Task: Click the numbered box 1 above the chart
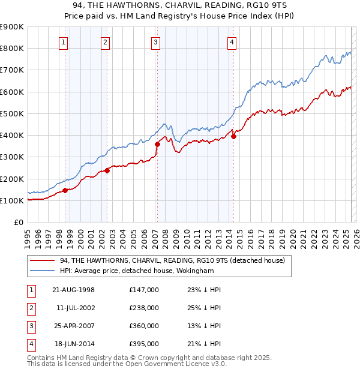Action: point(64,42)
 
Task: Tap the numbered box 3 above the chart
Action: point(155,42)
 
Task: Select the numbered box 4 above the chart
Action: point(232,42)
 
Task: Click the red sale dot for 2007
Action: point(157,144)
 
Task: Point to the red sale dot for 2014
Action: point(233,136)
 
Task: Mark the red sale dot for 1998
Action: point(65,190)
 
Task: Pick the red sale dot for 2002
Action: point(107,170)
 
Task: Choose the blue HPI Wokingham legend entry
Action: point(137,271)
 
